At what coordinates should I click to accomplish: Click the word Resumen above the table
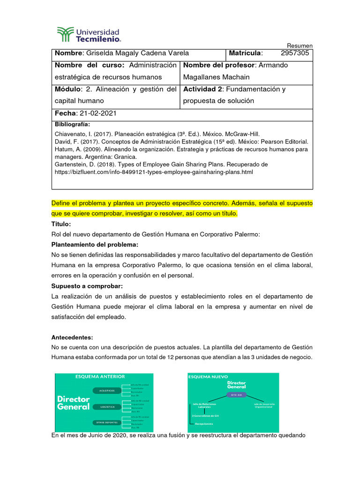coord(300,45)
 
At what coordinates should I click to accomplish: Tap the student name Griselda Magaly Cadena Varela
coord(136,53)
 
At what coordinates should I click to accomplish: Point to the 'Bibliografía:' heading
coord(72,125)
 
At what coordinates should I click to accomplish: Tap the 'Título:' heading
coord(60,225)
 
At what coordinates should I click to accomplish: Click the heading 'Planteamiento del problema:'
coord(94,245)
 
